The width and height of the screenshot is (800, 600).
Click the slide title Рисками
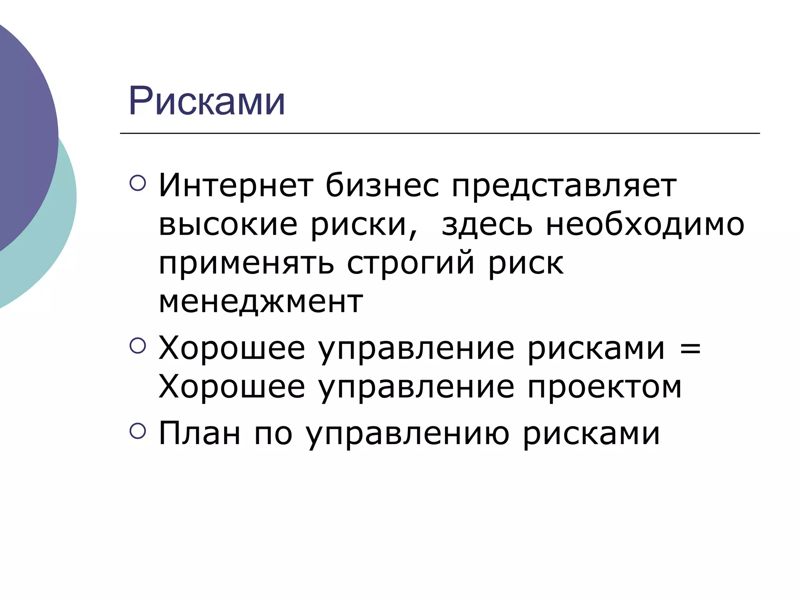click(x=207, y=101)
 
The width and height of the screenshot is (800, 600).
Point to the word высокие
click(x=228, y=225)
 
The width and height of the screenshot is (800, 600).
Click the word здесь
click(x=487, y=226)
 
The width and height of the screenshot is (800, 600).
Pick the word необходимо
click(x=645, y=226)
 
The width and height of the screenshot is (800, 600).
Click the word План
click(x=199, y=433)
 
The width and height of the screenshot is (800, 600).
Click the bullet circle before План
click(x=137, y=431)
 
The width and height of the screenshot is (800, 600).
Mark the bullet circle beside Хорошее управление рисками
click(x=137, y=345)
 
